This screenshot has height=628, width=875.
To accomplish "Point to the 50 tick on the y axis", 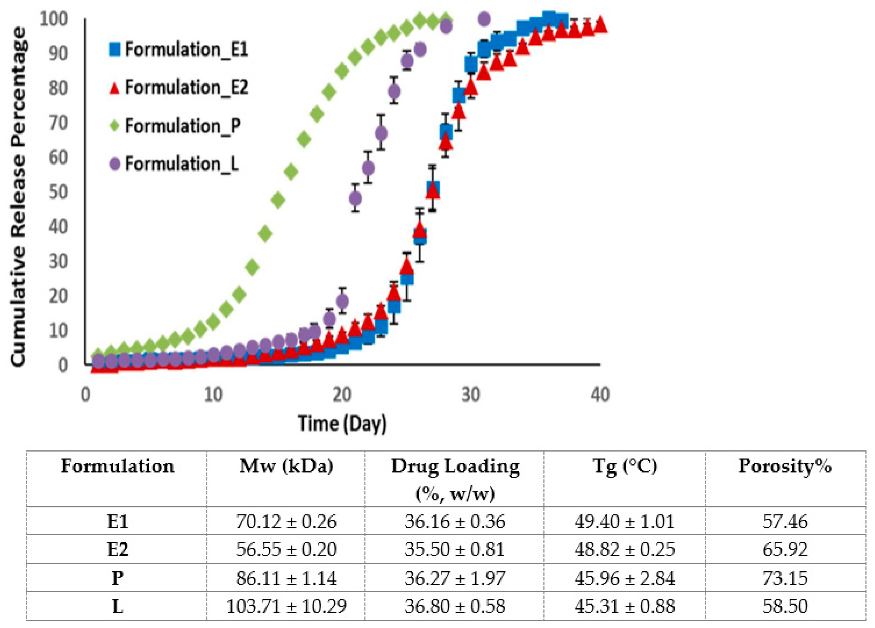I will [x=58, y=192].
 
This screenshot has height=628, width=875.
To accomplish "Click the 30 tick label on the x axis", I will [x=471, y=395].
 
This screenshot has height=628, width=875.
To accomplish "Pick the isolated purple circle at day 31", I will [x=484, y=18].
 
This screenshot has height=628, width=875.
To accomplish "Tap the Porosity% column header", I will [x=785, y=466].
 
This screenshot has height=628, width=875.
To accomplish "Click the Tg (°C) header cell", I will [x=624, y=466].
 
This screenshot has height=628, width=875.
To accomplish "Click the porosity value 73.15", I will [x=785, y=578].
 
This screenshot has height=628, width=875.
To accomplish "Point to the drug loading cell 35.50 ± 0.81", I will [x=454, y=549].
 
